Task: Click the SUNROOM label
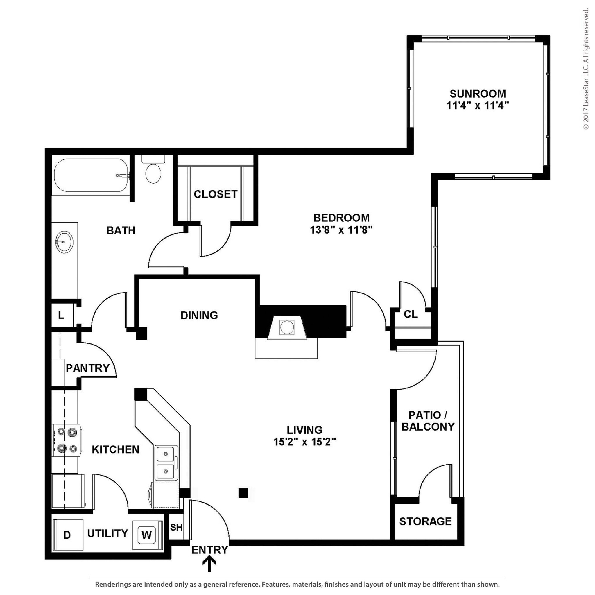[x=478, y=94]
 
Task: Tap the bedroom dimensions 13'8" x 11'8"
[x=341, y=230]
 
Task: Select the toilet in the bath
[x=153, y=173]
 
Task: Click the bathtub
[x=91, y=175]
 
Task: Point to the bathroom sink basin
[x=64, y=242]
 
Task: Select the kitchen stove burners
[x=67, y=440]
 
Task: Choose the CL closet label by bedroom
[x=411, y=314]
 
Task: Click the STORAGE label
[x=425, y=521]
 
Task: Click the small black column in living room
[x=243, y=493]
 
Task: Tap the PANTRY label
[x=88, y=368]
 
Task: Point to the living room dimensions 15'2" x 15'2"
[x=304, y=442]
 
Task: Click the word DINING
[x=199, y=315]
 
